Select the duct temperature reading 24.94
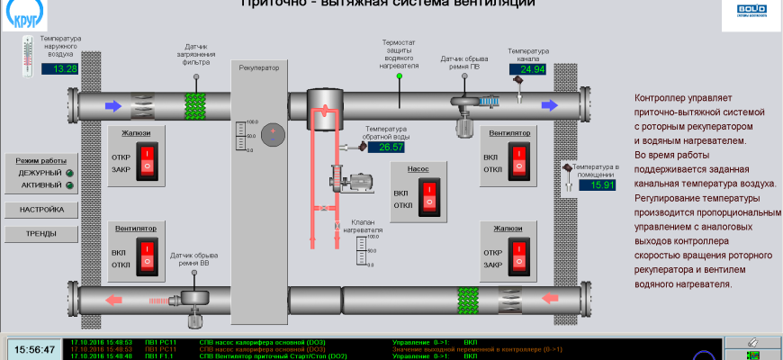tap(527, 68)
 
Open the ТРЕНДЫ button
tap(41, 234)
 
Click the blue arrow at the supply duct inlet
tap(113, 106)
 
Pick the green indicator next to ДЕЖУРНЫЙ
tap(69, 172)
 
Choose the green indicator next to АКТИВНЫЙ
tap(69, 185)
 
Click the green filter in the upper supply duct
tap(196, 106)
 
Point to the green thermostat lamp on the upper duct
tap(400, 76)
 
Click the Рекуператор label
tap(259, 67)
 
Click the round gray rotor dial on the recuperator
tap(278, 132)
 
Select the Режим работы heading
tap(41, 158)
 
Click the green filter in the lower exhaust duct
tap(467, 299)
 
